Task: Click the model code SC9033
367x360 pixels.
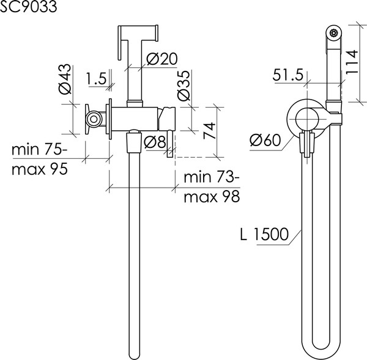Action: click(28, 7)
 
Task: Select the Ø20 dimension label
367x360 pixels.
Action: click(162, 59)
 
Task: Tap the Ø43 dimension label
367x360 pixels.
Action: click(65, 79)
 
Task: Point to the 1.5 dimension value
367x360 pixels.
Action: click(97, 78)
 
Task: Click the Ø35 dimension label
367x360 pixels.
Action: click(183, 86)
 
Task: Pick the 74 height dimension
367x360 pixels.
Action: click(209, 131)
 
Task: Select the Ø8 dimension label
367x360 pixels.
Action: click(155, 142)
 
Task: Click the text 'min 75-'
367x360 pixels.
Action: click(39, 150)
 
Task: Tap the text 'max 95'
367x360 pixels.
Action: click(40, 169)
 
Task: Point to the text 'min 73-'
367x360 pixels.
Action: click(212, 177)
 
